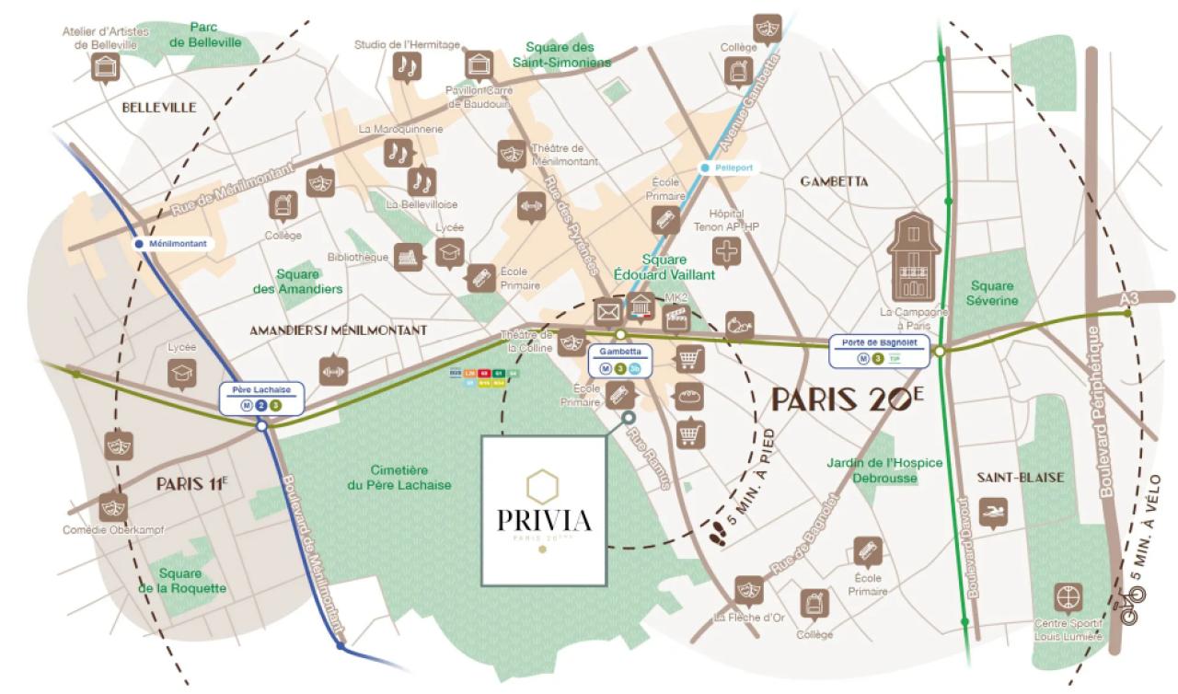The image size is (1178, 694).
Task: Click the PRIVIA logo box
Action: click(x=544, y=510)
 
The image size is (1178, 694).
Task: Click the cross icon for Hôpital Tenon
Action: click(x=728, y=252)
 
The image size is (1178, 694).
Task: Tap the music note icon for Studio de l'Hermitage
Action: click(x=406, y=65)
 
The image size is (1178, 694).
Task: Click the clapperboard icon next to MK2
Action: click(x=677, y=318)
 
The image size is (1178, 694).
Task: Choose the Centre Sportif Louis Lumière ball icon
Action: click(x=1068, y=597)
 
